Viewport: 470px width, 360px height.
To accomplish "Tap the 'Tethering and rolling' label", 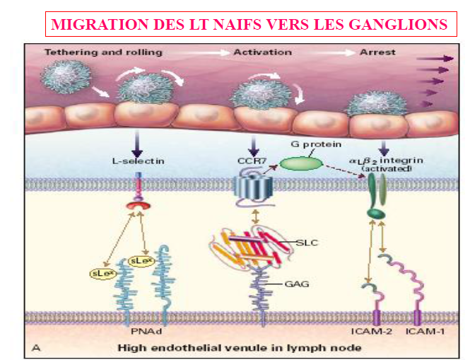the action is (103, 52).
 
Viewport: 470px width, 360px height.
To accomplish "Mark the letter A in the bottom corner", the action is (35, 347).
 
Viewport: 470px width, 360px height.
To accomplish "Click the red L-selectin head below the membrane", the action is (136, 206).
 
